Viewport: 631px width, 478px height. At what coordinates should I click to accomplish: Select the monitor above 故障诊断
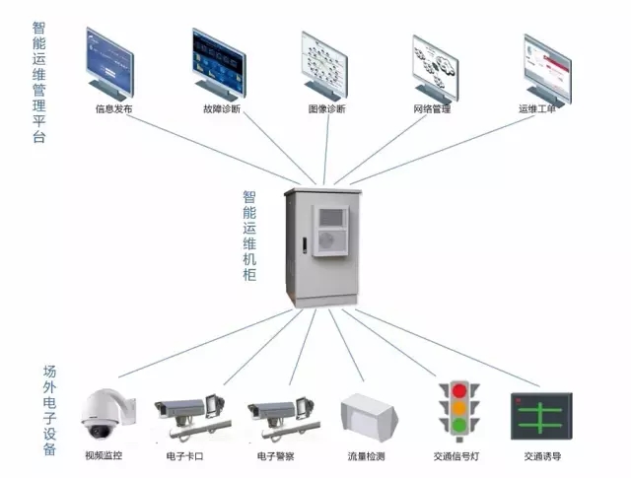(x=219, y=62)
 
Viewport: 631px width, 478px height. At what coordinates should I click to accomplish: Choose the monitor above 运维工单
(x=546, y=65)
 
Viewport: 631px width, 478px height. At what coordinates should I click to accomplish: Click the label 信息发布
(x=113, y=109)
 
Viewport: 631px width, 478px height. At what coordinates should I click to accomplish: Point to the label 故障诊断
(x=221, y=109)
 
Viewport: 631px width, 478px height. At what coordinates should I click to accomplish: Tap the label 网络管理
(x=432, y=109)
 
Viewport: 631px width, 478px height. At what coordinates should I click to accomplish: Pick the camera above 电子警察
(x=282, y=413)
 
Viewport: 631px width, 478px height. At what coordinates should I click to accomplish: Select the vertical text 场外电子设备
(x=49, y=411)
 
